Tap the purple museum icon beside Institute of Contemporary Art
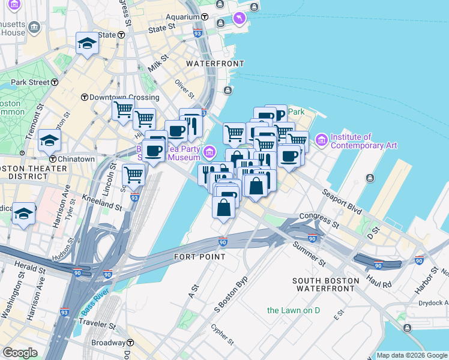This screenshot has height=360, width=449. click(x=322, y=140)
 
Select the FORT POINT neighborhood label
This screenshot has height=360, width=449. click(x=199, y=257)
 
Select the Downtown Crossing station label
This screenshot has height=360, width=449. click(x=125, y=97)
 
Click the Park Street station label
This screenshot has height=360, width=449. click(x=29, y=82)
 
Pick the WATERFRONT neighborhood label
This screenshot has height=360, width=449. click(x=215, y=64)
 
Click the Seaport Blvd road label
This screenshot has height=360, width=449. click(x=343, y=202)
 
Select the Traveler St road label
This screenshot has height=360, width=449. click(x=95, y=325)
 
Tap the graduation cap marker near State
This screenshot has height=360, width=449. click(x=87, y=43)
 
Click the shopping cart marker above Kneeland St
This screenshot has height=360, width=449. click(x=133, y=175)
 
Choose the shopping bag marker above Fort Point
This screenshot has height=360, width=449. click(x=223, y=208)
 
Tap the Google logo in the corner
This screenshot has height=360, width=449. click(x=20, y=353)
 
